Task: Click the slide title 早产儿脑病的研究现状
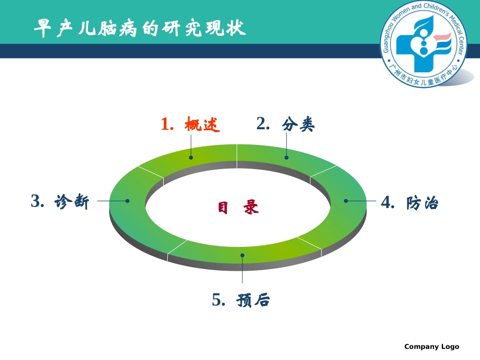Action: point(139,29)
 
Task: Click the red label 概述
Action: point(203,125)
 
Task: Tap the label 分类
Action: point(299,124)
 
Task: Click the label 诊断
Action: point(72,202)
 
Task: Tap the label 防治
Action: point(422,203)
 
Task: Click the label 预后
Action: point(253,301)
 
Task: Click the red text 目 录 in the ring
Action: point(238,208)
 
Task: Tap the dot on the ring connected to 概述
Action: point(191,157)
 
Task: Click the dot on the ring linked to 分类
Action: point(286,157)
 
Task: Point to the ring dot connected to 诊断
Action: point(127,200)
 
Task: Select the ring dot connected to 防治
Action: point(346,200)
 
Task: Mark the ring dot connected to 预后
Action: point(243,255)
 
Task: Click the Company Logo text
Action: point(431,346)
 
